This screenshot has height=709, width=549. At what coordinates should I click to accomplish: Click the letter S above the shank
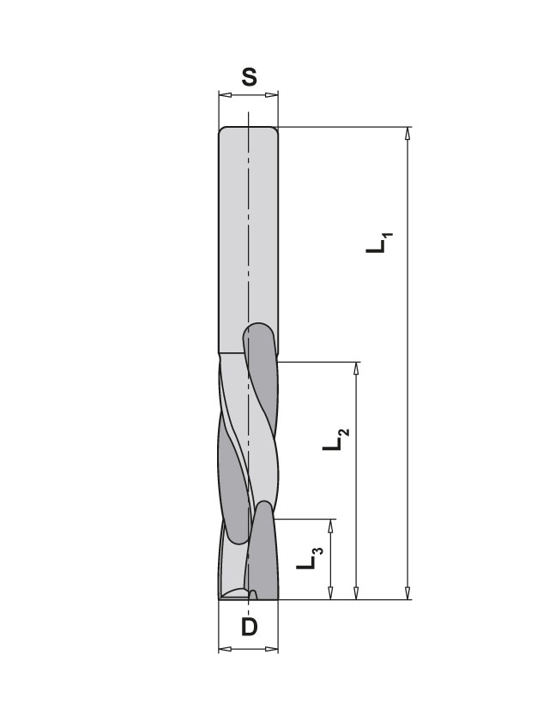249,78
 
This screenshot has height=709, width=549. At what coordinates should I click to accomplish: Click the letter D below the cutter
249,627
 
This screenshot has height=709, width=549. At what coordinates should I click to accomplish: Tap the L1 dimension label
378,241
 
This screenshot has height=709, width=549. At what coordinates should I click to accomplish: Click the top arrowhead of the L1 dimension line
407,134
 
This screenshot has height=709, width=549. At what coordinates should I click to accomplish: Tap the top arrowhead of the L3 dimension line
331,524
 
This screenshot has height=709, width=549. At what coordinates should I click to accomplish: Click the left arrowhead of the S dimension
224,96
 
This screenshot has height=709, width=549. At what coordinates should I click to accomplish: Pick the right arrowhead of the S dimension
274,96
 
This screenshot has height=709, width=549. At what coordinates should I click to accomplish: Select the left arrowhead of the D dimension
224,649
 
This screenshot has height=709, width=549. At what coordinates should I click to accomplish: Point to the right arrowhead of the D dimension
274,649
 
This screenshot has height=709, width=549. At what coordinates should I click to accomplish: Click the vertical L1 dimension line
407,386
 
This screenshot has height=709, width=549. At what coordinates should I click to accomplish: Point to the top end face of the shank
249,129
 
